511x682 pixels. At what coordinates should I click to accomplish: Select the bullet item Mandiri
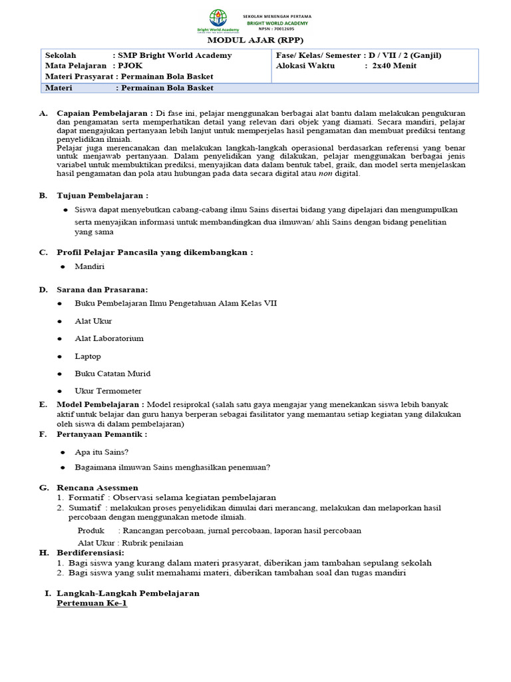point(90,266)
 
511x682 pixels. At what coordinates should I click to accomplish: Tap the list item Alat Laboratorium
point(109,338)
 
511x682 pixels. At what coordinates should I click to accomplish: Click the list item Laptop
point(88,356)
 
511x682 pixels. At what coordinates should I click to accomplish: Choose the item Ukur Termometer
point(108,391)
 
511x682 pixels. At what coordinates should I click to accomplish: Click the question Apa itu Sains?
point(102,451)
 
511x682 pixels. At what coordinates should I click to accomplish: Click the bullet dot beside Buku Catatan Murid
point(61,374)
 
